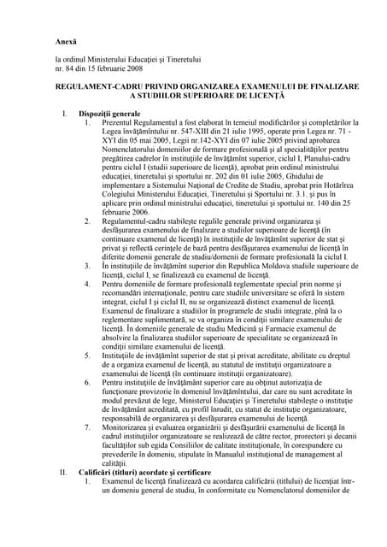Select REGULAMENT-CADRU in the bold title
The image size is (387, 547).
point(101,86)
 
